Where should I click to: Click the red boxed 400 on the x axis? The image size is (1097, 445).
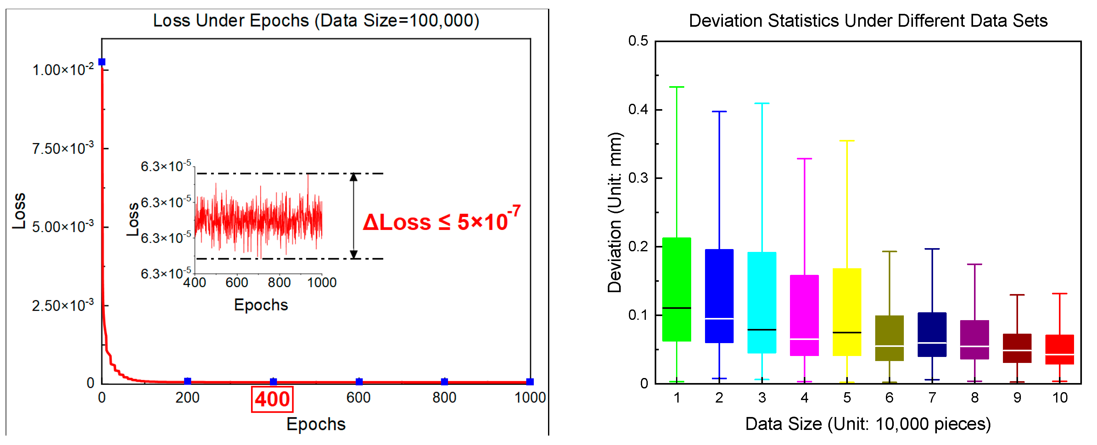[272, 399]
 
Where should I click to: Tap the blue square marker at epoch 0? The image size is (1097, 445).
[102, 62]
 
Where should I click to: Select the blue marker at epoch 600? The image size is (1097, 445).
[359, 381]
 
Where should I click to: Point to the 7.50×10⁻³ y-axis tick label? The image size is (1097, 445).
[63, 149]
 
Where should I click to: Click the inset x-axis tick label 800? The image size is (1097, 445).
[279, 282]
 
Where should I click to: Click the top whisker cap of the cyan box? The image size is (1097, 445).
[762, 103]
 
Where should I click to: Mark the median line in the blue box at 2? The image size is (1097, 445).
[719, 319]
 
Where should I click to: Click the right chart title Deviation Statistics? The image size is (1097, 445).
[868, 20]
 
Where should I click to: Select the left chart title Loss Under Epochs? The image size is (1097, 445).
[316, 20]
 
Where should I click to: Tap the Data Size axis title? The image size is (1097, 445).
[868, 424]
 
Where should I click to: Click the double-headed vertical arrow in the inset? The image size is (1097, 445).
[354, 216]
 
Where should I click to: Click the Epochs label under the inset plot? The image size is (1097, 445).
[261, 305]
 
